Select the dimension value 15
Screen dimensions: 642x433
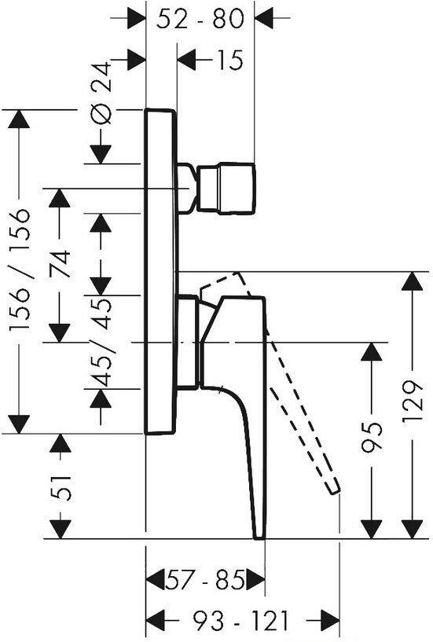(229, 59)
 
